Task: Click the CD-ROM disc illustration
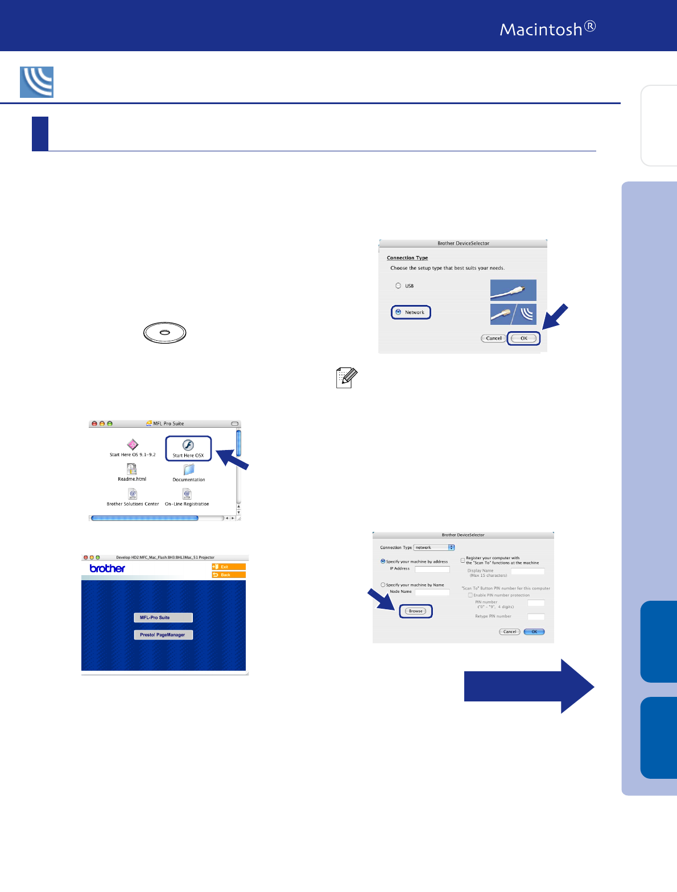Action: (x=165, y=332)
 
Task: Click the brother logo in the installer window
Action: (x=108, y=568)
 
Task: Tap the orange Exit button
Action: (x=228, y=567)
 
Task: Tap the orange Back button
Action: (x=228, y=575)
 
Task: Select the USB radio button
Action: (x=398, y=286)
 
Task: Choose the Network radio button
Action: (x=398, y=312)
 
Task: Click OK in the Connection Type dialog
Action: (x=523, y=338)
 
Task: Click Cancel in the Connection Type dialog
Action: (x=493, y=338)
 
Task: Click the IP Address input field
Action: (x=432, y=569)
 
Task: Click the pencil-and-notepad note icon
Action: (x=346, y=378)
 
